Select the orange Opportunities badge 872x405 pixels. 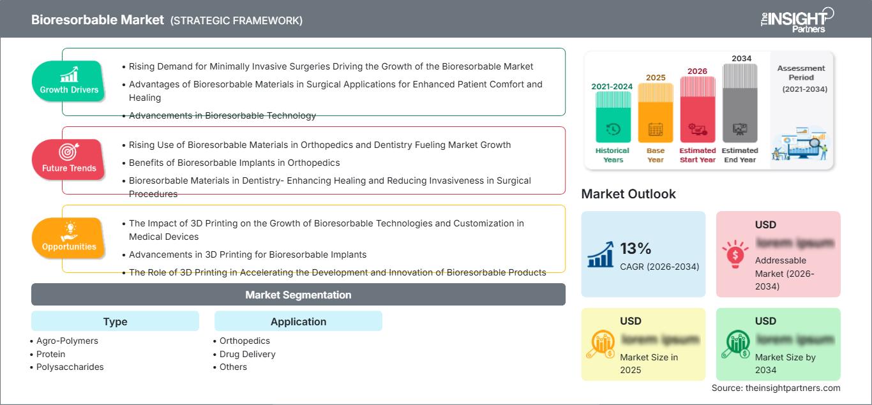(x=69, y=238)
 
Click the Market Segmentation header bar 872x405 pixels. (x=298, y=295)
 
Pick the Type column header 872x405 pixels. (x=115, y=321)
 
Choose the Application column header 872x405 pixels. (x=298, y=321)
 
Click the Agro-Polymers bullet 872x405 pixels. (x=67, y=341)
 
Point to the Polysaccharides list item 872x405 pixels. (x=70, y=367)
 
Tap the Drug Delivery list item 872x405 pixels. (x=247, y=354)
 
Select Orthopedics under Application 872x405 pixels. (x=244, y=341)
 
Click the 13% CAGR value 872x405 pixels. (x=635, y=248)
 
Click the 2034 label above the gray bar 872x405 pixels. (x=741, y=59)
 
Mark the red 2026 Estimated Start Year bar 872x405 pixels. (x=697, y=108)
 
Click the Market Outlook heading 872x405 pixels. (x=628, y=194)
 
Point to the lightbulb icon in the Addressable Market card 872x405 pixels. (x=735, y=253)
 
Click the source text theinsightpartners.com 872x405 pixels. (x=776, y=388)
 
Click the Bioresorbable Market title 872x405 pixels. (x=98, y=20)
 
